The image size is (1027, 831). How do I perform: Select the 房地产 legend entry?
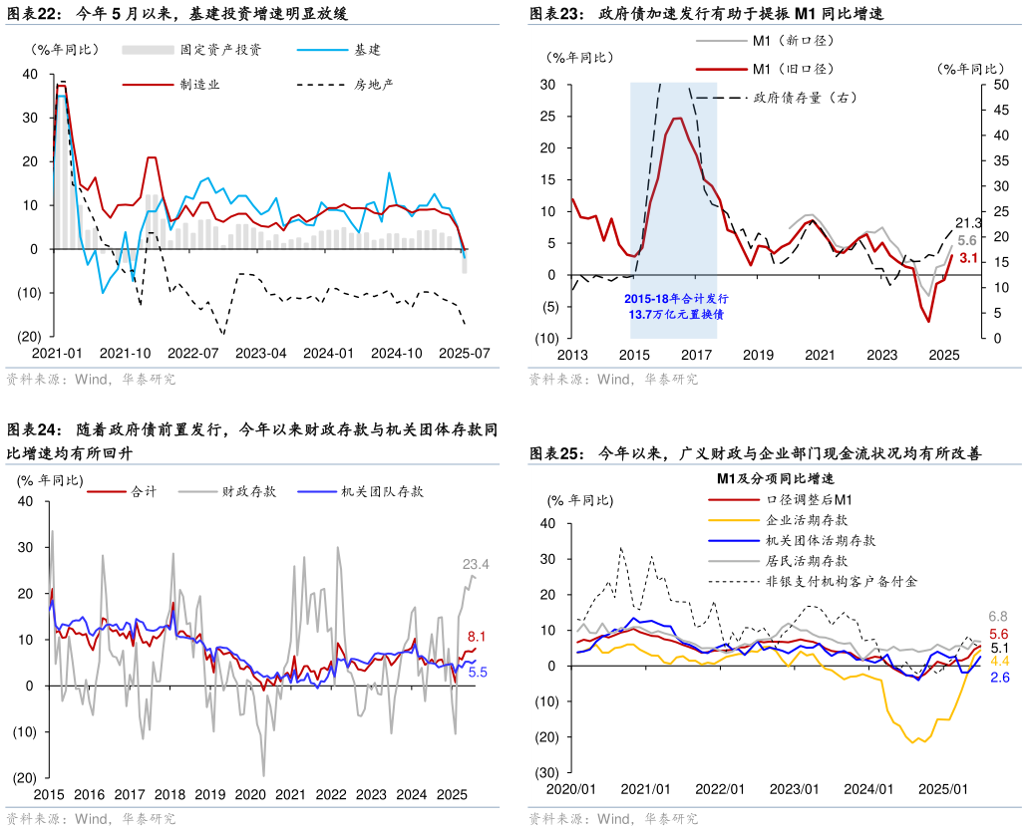pyautogui.click(x=374, y=84)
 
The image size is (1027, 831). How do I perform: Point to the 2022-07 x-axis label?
pyautogui.click(x=193, y=353)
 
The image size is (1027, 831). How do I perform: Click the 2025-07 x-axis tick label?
pyautogui.click(x=465, y=353)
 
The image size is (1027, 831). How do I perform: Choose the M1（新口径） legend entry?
pyautogui.click(x=793, y=41)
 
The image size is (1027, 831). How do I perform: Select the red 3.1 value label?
pyautogui.click(x=967, y=259)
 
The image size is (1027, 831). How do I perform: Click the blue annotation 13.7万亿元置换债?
pyautogui.click(x=677, y=314)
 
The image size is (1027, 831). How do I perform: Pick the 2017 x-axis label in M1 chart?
pyautogui.click(x=695, y=355)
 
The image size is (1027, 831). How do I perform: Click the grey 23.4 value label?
pyautogui.click(x=476, y=565)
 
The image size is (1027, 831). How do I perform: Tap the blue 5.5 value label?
pyautogui.click(x=477, y=673)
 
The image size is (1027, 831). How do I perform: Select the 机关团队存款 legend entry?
pyautogui.click(x=382, y=491)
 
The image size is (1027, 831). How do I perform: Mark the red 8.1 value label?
pyautogui.click(x=477, y=636)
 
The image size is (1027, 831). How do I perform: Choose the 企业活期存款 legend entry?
pyautogui.click(x=807, y=520)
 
